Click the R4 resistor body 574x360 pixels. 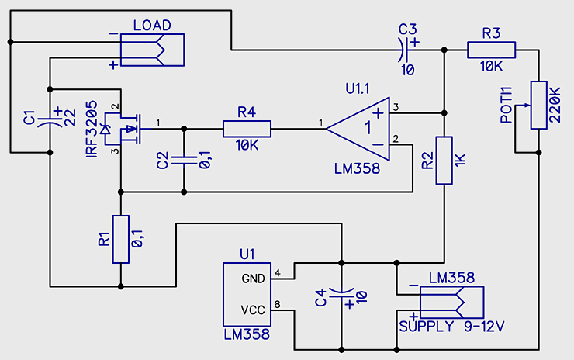(247, 129)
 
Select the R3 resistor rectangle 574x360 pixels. (491, 50)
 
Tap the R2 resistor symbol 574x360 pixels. (444, 161)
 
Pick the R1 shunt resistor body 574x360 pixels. (121, 239)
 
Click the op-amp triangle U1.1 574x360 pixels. (358, 129)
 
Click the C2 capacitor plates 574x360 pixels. (184, 160)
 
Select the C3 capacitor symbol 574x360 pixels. (403, 50)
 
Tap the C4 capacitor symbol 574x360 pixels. (341, 294)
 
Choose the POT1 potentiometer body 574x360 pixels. (538, 105)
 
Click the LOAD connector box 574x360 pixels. (152, 50)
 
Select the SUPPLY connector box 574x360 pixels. (451, 303)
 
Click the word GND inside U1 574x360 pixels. (253, 279)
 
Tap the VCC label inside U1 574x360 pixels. (253, 310)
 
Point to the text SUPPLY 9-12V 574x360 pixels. (451, 327)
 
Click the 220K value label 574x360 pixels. (555, 105)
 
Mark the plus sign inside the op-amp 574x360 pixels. (379, 113)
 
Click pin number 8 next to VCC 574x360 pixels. (277, 304)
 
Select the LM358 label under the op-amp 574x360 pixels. (358, 169)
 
